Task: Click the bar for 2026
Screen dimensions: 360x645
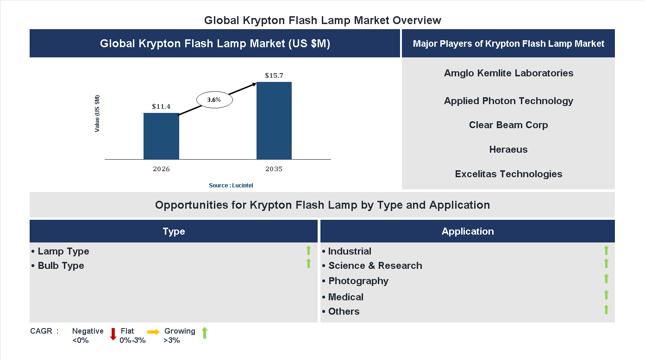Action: [x=161, y=136]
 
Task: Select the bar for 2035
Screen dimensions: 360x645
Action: [x=274, y=121]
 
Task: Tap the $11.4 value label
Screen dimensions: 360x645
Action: [x=161, y=106]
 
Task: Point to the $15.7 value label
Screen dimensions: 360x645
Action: [x=274, y=75]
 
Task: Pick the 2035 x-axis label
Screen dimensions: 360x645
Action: [x=274, y=169]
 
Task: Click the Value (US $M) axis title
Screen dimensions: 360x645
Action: [x=97, y=114]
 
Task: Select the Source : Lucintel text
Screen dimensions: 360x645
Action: [x=231, y=186]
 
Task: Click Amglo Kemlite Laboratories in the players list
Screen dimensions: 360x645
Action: [x=508, y=73]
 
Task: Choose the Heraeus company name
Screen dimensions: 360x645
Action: [x=508, y=149]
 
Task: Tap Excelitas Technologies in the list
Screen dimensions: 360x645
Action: [x=508, y=174]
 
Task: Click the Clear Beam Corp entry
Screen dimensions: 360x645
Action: [x=508, y=125]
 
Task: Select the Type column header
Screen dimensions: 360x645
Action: [x=174, y=231]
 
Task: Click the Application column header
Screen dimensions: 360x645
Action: [x=468, y=231]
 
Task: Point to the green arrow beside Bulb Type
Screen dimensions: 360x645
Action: [x=308, y=264]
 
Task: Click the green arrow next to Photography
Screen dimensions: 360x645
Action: [x=606, y=279]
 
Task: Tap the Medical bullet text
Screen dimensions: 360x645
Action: [x=345, y=297]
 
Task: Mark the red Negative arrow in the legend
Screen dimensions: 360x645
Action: [x=113, y=334]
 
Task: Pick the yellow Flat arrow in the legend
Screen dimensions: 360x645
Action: [x=153, y=332]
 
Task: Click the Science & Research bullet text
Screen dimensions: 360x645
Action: [x=375, y=266]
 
